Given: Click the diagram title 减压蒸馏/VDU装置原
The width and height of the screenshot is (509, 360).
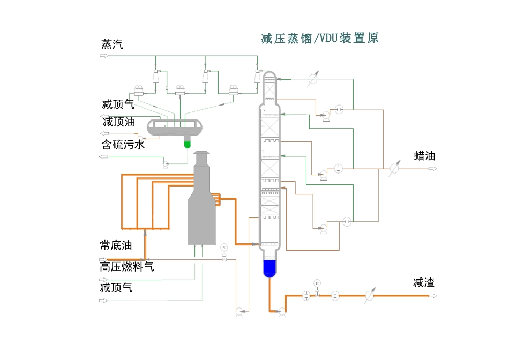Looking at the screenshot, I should point(320,39).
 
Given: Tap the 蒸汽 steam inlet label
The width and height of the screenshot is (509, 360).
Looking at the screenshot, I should point(112,44).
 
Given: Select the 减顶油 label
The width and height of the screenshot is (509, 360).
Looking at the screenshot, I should point(118,122).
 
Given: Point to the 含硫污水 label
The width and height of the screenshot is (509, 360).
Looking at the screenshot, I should point(123,144).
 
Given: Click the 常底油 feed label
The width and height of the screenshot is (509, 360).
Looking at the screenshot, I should point(116,245).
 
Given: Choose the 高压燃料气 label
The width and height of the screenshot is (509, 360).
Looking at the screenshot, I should point(127,266).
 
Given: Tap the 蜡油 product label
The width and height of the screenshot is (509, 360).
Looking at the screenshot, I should point(424,156).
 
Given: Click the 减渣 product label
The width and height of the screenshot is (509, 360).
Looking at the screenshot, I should point(424,282).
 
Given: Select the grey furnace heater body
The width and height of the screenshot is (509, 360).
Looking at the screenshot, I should point(201,214).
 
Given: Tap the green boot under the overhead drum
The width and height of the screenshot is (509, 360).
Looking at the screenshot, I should point(187,143).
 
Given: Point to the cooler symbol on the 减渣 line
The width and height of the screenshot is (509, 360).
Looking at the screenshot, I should point(369,295).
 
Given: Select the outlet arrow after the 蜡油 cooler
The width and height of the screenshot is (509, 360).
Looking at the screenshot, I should point(431,168).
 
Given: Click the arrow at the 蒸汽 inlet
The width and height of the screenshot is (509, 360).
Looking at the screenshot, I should point(104,55).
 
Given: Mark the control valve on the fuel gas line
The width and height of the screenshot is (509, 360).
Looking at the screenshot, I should point(224,259).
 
